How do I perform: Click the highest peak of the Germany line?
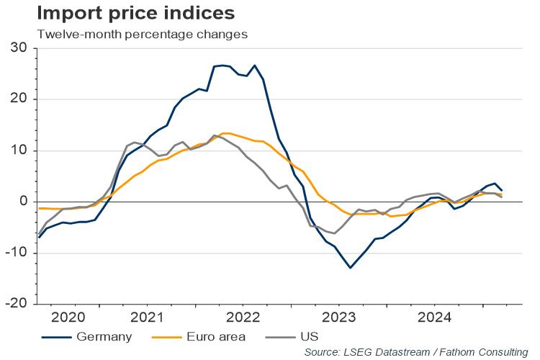pyautogui.click(x=255, y=66)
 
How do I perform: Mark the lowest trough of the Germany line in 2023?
pyautogui.click(x=351, y=268)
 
